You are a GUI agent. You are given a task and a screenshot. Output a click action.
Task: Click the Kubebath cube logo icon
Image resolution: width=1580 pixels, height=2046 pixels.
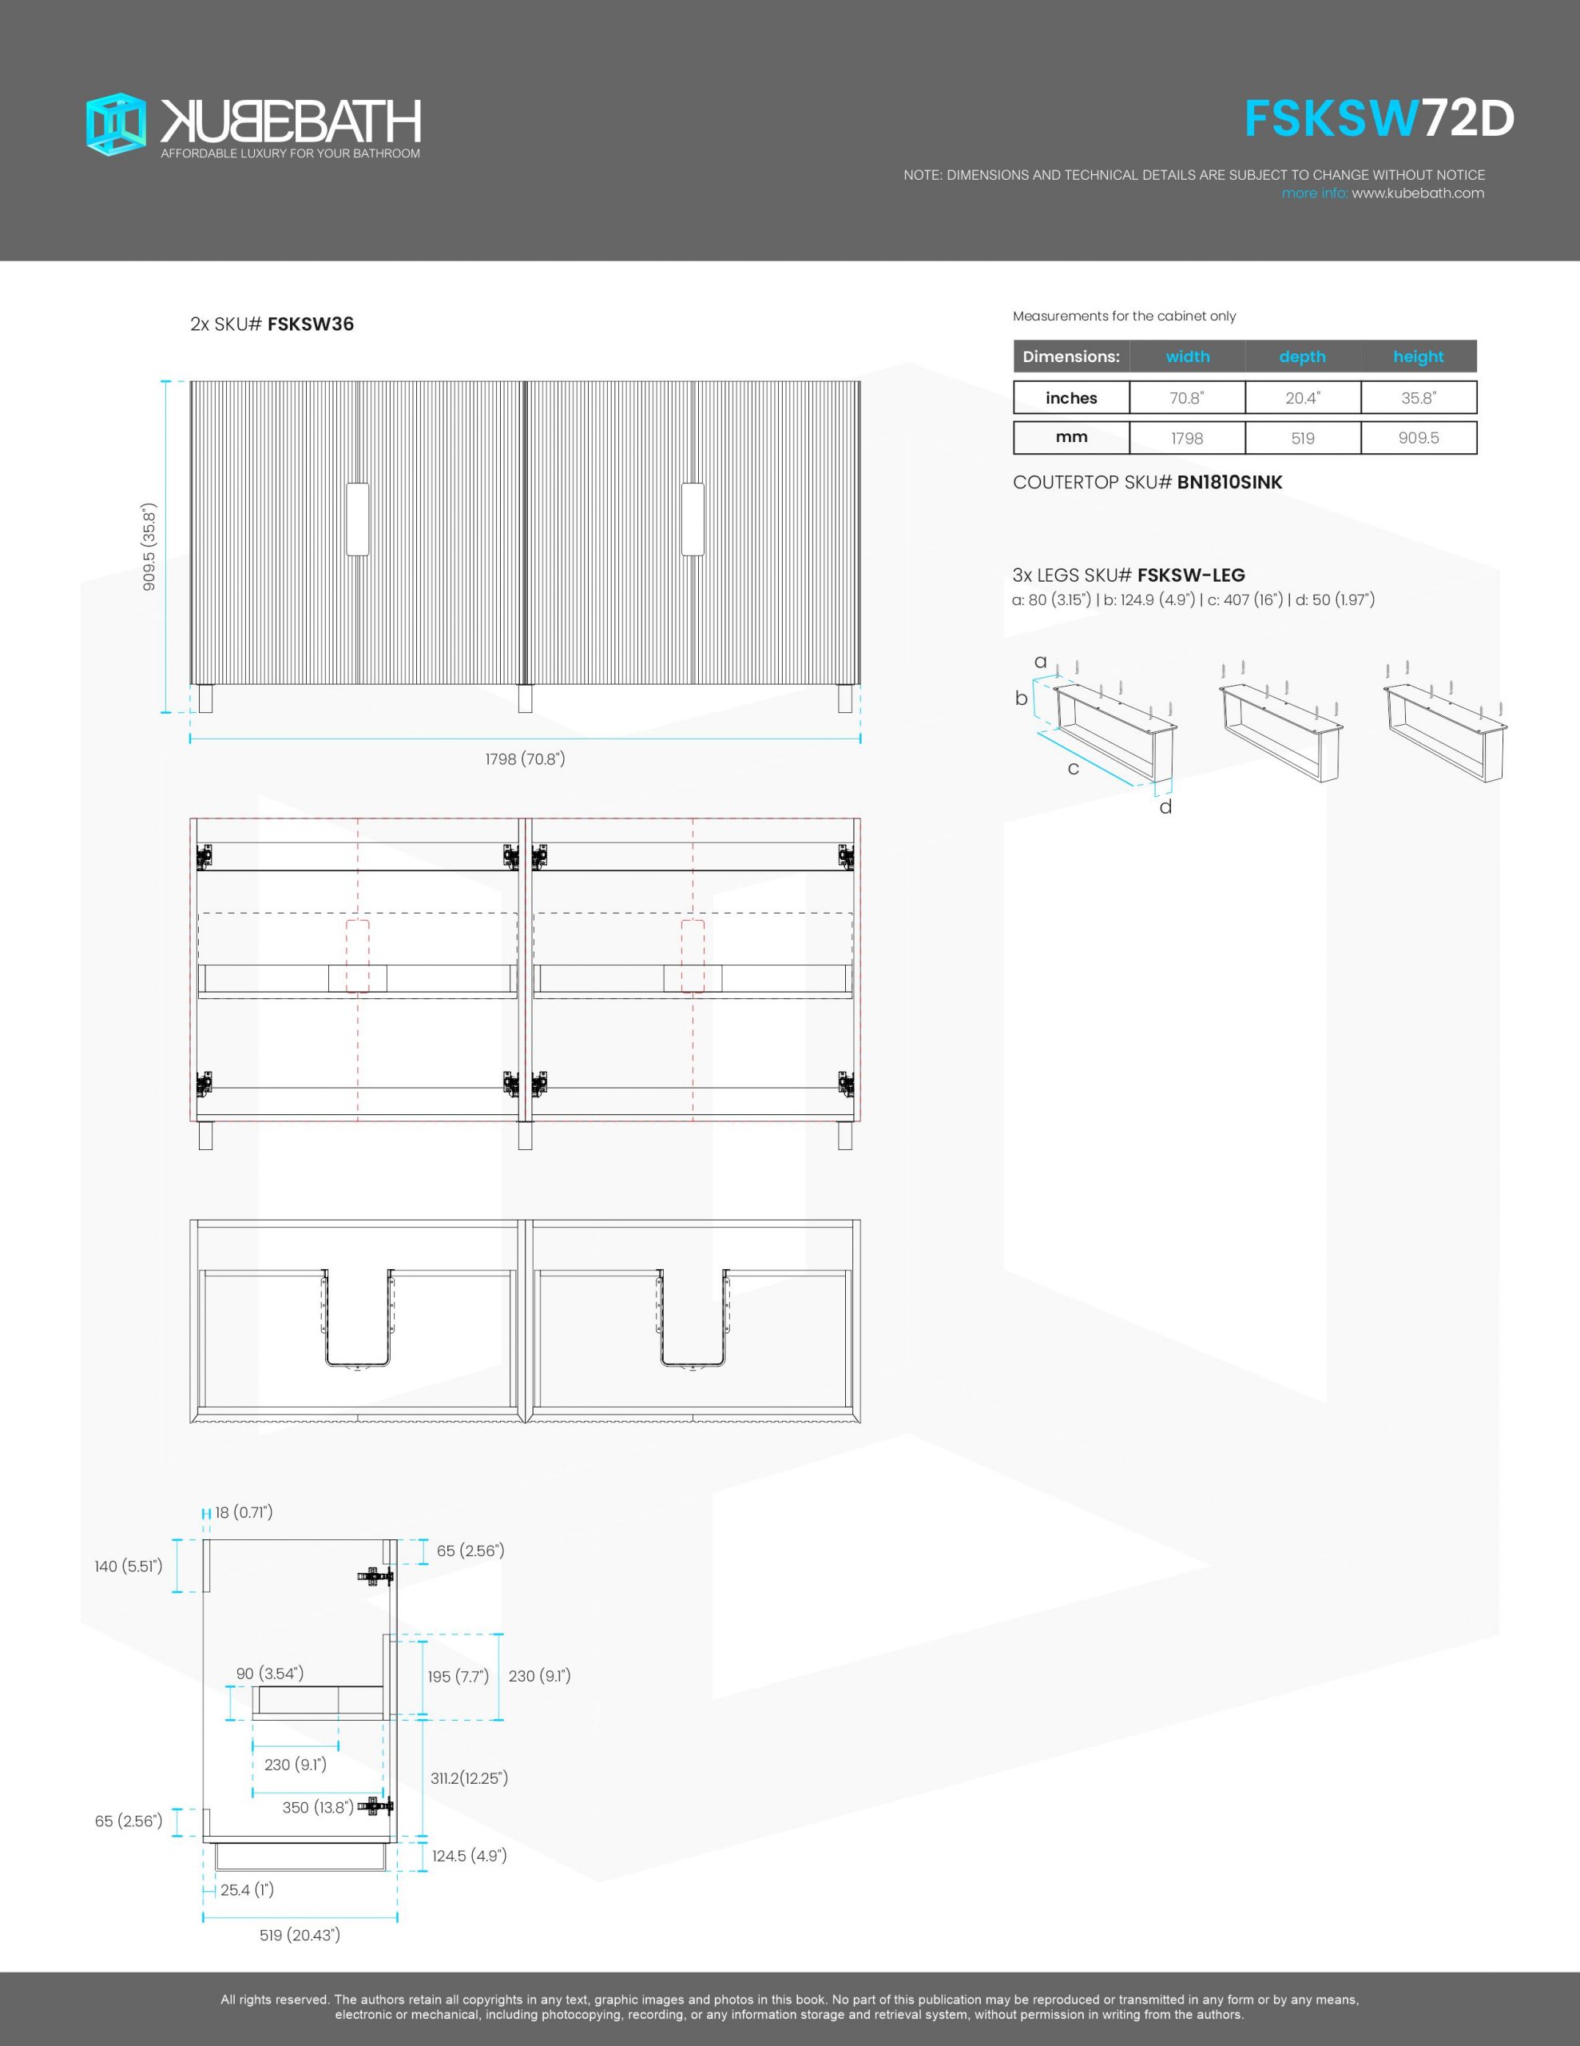116,124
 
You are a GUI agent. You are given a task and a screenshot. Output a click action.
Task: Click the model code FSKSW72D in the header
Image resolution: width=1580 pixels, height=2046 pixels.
1379,119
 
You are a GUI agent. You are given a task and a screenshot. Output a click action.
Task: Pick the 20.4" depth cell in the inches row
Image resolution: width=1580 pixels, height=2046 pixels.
1302,398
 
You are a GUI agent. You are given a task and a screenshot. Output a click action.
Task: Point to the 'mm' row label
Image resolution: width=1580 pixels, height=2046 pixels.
1070,437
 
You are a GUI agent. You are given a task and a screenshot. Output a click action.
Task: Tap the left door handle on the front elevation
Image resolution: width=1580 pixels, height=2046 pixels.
357,519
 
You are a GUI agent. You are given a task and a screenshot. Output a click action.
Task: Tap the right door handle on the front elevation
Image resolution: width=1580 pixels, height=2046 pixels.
692,519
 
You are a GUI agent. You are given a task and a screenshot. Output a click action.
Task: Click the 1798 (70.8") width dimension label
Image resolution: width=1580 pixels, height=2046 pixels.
525,758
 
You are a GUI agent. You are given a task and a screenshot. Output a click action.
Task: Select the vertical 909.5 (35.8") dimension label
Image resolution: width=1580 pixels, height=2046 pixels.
149,547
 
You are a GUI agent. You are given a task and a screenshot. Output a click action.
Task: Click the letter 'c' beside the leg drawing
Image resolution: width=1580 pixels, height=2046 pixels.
1074,769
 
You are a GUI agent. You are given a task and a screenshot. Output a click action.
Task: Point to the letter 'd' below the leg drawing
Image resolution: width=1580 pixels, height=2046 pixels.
1165,806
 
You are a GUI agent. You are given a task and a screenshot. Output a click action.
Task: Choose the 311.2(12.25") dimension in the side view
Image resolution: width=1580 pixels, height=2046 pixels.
469,1778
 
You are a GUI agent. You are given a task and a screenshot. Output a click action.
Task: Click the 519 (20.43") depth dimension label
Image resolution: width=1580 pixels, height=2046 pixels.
300,1936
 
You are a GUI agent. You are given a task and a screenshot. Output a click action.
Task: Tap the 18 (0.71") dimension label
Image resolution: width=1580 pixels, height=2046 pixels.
244,1513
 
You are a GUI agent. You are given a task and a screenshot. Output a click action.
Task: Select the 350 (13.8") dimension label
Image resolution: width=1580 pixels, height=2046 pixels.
317,1807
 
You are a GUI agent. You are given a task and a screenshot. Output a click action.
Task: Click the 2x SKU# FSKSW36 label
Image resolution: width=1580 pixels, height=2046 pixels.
272,325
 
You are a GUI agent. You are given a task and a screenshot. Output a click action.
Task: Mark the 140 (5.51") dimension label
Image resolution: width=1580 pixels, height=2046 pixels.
129,1566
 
